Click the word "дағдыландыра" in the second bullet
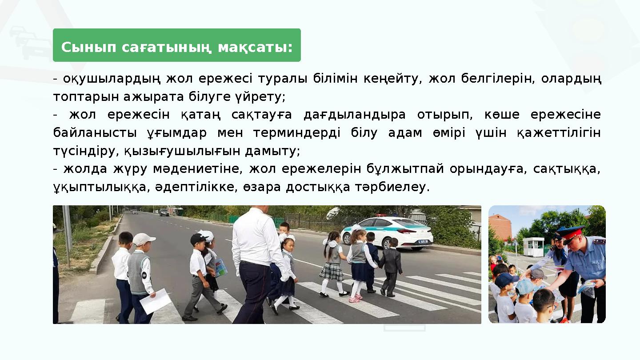(355, 115)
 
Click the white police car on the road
(387, 232)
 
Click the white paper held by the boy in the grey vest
(156, 301)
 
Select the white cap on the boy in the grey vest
(143, 239)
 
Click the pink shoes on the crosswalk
(355, 299)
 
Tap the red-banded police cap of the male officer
(573, 233)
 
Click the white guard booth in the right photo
(533, 246)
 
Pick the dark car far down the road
(164, 212)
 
